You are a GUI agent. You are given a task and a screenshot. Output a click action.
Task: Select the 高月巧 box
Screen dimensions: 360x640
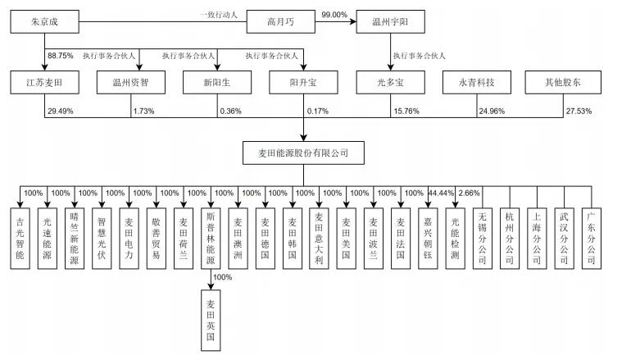[280, 23]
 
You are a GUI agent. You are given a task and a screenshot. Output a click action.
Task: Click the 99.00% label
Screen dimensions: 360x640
[335, 14]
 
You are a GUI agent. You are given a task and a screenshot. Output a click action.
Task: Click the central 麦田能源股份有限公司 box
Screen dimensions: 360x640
[303, 153]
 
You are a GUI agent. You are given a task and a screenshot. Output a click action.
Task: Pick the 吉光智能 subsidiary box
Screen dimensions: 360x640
[21, 237]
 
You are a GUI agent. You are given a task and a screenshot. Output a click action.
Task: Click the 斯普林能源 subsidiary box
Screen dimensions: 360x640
[210, 237]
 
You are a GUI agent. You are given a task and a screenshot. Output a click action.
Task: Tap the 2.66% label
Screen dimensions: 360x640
[470, 193]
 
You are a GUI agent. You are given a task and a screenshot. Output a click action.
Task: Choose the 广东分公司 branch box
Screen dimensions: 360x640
[589, 237]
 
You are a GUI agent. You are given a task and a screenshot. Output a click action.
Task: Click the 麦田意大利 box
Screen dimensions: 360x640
[319, 237]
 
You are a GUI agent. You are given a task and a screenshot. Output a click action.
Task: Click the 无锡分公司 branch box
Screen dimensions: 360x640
[481, 237]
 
